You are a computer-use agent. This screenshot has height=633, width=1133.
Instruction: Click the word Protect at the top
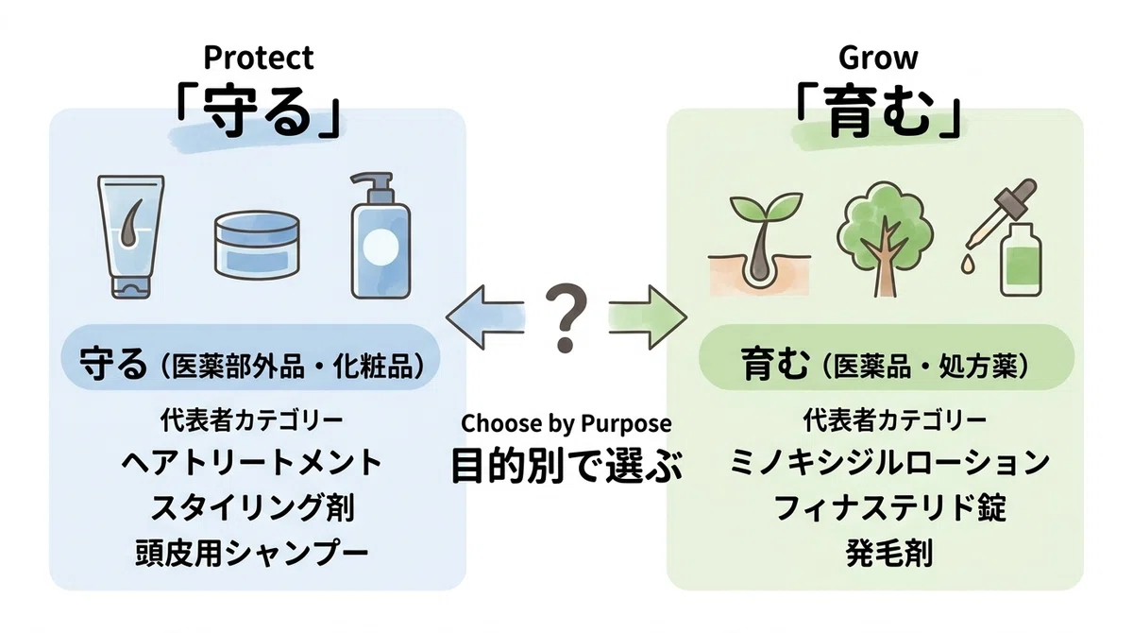click(259, 59)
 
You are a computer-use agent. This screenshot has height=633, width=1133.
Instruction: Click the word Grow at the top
click(877, 59)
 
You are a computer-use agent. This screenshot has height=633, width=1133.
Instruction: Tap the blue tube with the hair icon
click(130, 237)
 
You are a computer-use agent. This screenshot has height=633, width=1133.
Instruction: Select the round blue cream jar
click(257, 246)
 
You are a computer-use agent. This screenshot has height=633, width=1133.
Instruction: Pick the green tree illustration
click(885, 239)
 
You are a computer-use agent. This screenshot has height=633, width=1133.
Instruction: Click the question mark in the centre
click(566, 317)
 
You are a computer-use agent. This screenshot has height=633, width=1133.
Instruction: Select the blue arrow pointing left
click(484, 317)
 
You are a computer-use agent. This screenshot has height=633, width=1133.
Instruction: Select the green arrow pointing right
click(648, 317)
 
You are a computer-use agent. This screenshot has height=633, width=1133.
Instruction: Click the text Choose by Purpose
click(566, 424)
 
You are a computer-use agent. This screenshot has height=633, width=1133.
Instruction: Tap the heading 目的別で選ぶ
click(566, 465)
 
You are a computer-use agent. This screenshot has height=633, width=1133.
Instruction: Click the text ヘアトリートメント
click(252, 463)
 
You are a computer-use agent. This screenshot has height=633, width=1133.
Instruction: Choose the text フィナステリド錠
click(890, 508)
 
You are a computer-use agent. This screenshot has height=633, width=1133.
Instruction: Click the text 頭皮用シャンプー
click(252, 554)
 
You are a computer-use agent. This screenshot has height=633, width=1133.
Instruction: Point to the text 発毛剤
click(889, 554)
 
